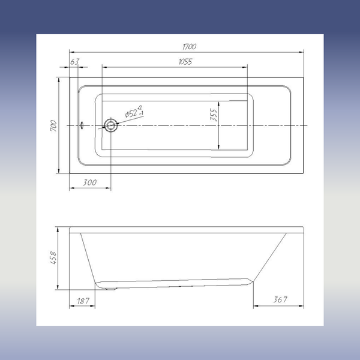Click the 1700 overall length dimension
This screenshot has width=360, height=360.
tap(190, 47)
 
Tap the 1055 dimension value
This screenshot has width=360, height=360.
tap(185, 62)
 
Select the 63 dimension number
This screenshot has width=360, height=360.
tap(75, 62)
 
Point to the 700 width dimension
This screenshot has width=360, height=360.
tap(53, 125)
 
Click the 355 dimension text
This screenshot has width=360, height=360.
tap(214, 115)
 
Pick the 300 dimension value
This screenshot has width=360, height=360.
tap(90, 182)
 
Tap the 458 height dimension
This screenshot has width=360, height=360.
tap(53, 258)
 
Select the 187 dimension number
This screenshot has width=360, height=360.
tap(83, 301)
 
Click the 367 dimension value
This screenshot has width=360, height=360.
tap(280, 299)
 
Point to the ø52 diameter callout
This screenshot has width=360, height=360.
tap(134, 112)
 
